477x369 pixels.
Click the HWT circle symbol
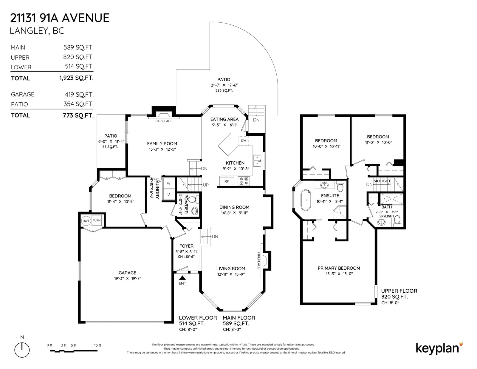click(x=86, y=221)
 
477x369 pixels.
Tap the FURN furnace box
click(x=97, y=220)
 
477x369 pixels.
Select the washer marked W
click(x=168, y=183)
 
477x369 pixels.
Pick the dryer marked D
click(x=168, y=194)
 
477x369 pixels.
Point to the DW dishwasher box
click(x=244, y=141)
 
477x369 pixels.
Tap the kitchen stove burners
click(x=244, y=181)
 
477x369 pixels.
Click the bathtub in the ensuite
click(x=306, y=200)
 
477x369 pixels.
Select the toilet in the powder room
click(x=193, y=200)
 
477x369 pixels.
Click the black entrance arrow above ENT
click(x=182, y=278)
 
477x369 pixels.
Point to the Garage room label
click(x=127, y=273)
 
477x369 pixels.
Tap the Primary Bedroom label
click(x=339, y=268)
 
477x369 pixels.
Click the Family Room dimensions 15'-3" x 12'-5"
click(x=162, y=149)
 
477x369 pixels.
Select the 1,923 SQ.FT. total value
click(x=76, y=78)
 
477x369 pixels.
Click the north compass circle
click(x=22, y=350)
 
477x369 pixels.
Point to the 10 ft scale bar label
click(x=98, y=345)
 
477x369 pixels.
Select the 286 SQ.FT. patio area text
click(x=224, y=90)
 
